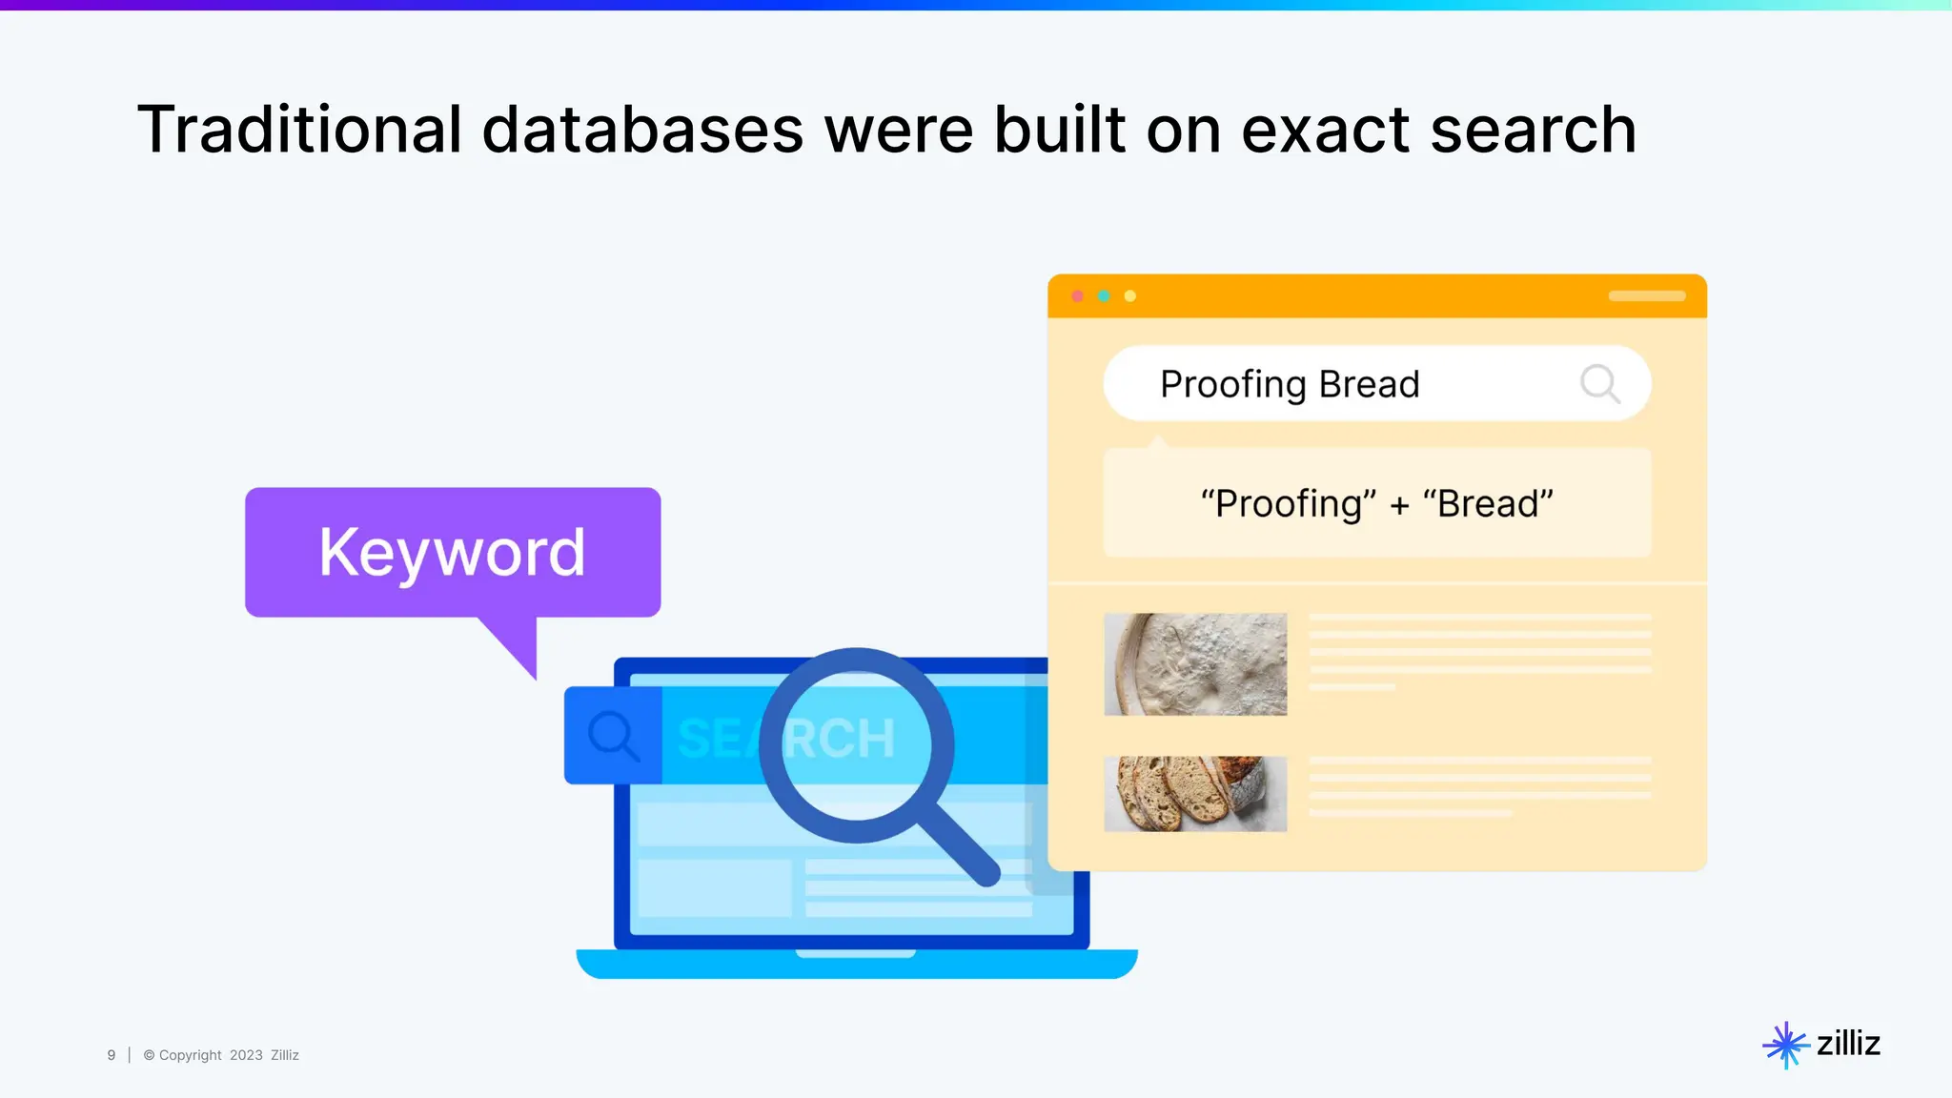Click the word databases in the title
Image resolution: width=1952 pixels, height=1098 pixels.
(642, 130)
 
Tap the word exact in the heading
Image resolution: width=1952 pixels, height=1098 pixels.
(1325, 130)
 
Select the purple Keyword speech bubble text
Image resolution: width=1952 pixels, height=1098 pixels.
(452, 552)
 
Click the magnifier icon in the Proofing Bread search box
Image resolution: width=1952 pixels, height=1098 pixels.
(1599, 384)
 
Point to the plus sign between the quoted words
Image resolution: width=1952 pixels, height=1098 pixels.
(1399, 505)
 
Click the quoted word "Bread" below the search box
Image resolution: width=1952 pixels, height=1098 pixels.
(1488, 503)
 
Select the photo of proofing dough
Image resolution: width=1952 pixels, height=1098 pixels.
(1195, 664)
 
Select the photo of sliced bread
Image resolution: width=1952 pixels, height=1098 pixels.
(1195, 794)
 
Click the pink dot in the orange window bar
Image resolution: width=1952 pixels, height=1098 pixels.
(1078, 296)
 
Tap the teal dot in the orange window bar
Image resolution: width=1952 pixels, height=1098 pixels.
(1104, 296)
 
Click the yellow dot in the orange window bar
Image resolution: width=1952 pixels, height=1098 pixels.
(1130, 296)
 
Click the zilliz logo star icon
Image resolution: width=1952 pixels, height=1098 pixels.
(1785, 1045)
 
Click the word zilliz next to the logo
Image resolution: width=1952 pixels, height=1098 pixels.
(1848, 1044)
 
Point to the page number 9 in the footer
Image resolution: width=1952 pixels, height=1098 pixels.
(112, 1055)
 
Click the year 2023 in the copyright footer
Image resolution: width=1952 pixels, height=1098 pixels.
(246, 1055)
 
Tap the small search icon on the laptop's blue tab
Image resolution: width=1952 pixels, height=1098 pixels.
(612, 736)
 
